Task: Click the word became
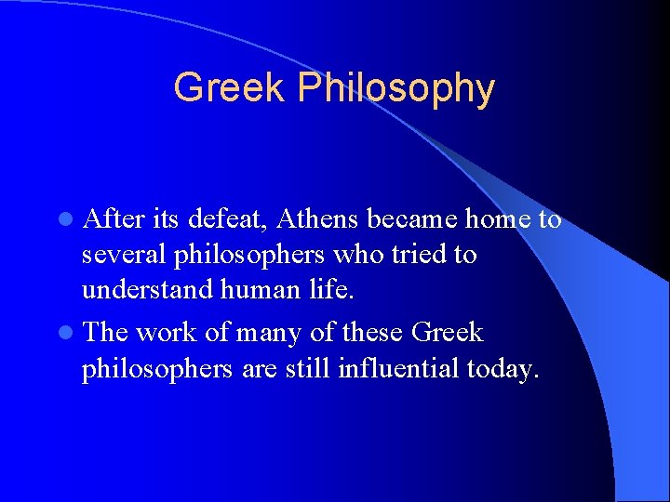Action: [x=411, y=218]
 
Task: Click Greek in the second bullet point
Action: [x=448, y=331]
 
